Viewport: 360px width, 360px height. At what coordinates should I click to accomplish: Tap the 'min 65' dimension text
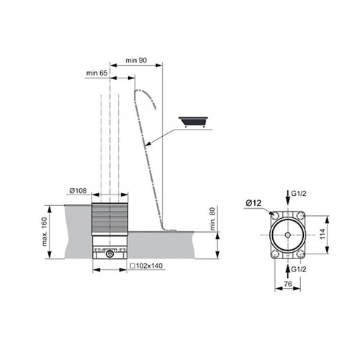pos(98,73)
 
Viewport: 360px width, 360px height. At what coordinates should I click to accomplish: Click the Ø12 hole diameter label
pos(252,204)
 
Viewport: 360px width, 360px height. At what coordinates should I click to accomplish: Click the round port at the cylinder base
pos(109,253)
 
